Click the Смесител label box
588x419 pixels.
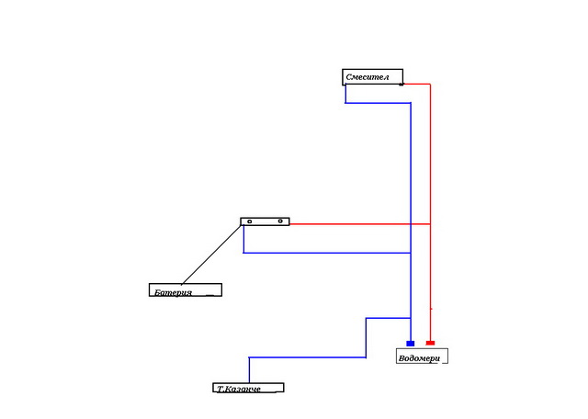tap(372, 77)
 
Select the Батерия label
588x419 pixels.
tap(184, 290)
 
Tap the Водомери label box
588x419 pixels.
tap(421, 357)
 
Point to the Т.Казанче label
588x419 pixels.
tap(247, 388)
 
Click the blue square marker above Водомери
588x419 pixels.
tap(411, 343)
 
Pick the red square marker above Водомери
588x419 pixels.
tap(430, 343)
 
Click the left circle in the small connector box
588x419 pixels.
tap(250, 221)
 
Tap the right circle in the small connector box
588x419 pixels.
tap(279, 221)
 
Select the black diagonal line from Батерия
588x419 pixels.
tap(211, 254)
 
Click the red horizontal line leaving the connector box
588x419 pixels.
tap(358, 223)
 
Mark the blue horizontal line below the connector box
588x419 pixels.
tap(326, 253)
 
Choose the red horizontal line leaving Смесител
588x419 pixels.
tap(417, 84)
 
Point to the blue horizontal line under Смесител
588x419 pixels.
tap(378, 102)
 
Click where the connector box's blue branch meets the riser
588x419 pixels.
tap(411, 253)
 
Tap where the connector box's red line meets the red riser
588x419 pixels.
tap(430, 223)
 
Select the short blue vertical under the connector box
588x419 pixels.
tap(243, 239)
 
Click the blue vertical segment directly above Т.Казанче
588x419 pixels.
tap(249, 368)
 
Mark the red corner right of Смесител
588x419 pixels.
tap(430, 84)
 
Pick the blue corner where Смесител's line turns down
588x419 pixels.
tap(411, 102)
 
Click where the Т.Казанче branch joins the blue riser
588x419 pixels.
tap(411, 319)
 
